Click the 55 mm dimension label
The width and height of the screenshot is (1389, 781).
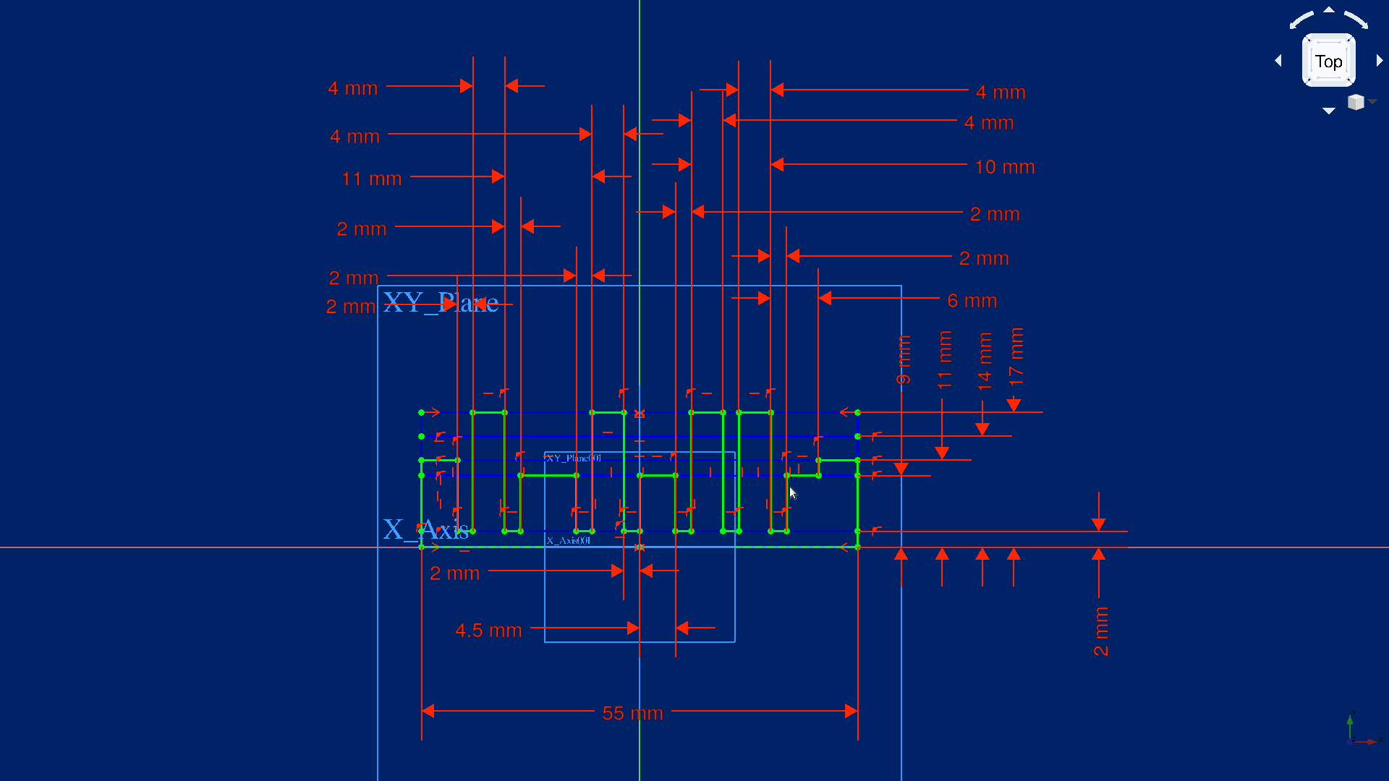coord(632,713)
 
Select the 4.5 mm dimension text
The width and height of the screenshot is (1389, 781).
coord(488,631)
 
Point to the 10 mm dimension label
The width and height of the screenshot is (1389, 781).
coord(1004,167)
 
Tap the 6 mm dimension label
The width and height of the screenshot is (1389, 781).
coord(972,301)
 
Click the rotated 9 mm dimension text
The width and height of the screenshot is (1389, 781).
coord(904,359)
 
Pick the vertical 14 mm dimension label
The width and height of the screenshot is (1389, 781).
coord(984,362)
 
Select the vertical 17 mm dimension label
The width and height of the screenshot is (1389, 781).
coord(1016,356)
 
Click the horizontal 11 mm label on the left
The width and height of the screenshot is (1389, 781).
coord(371,179)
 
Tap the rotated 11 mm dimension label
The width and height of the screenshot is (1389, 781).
coord(944,359)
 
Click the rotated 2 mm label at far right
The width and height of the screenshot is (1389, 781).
coord(1100,631)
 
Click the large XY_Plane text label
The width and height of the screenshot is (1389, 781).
coord(440,302)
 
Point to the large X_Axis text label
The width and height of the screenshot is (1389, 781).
coord(425,529)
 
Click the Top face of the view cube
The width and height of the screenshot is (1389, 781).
coord(1328,61)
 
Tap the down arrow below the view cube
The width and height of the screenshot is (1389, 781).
coord(1328,111)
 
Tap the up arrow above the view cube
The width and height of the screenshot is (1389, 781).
coord(1328,10)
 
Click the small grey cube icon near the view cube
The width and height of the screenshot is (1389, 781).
coord(1356,102)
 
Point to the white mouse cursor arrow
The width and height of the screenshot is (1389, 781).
coord(793,492)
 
